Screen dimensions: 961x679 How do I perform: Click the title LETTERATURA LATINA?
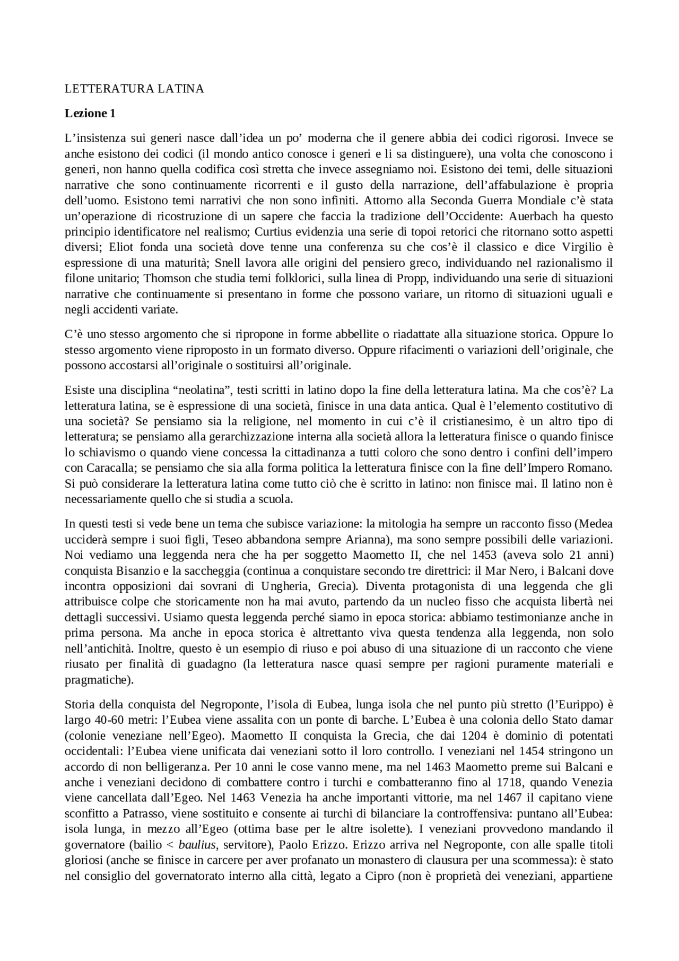pos(134,89)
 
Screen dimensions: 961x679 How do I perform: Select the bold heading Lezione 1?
pos(90,114)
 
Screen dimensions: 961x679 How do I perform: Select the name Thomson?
pos(163,279)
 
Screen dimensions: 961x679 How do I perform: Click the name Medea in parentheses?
pos(595,524)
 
